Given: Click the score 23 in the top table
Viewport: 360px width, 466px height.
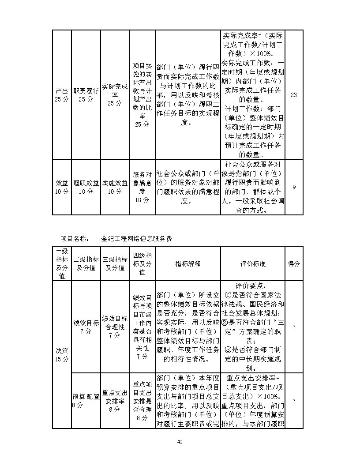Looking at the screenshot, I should click(x=294, y=95).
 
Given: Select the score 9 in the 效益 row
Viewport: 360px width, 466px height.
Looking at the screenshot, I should click(x=294, y=187).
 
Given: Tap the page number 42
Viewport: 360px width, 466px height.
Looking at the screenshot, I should click(x=180, y=442).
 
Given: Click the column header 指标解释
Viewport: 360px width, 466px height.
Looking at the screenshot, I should click(x=188, y=263).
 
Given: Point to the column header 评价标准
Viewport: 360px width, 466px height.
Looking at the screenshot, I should click(x=253, y=263).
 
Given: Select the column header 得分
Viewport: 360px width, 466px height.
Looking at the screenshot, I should click(x=294, y=263).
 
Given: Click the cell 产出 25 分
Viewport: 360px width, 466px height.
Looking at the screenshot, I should click(x=62, y=95).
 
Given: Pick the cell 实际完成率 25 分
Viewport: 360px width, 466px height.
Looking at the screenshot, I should click(x=115, y=95).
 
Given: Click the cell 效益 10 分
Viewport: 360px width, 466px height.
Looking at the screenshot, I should click(x=62, y=187).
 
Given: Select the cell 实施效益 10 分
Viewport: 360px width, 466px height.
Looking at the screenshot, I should click(x=115, y=187).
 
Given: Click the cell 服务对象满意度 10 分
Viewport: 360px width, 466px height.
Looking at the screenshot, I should click(x=142, y=187).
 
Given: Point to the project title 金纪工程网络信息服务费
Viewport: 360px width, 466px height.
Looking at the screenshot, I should click(x=136, y=238).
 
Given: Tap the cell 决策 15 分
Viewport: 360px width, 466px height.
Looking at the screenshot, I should click(x=62, y=354).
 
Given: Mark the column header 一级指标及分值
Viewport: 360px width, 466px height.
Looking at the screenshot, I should click(x=62, y=263).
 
